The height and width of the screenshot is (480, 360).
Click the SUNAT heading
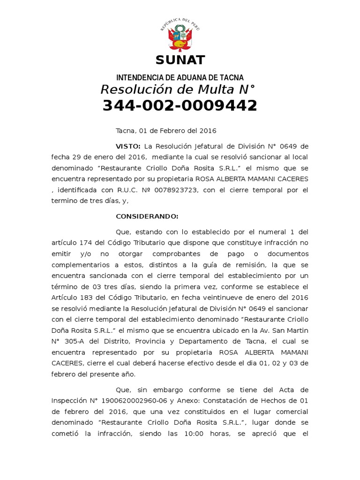coord(180,60)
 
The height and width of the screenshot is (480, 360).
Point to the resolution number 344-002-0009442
coord(180,106)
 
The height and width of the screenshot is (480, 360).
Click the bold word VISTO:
coord(128,146)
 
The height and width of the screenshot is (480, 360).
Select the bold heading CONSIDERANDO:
coord(147,216)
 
